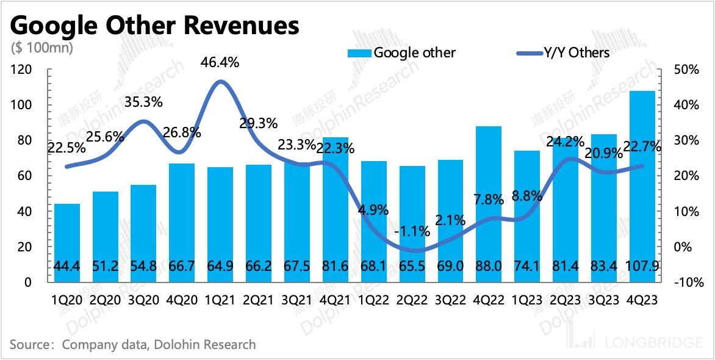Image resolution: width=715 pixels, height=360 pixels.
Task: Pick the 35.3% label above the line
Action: tap(143, 102)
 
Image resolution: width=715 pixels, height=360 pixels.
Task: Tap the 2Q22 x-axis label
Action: tap(411, 302)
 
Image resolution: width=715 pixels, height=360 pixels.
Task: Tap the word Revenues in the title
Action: tap(238, 26)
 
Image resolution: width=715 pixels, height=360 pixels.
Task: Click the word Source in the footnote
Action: tap(29, 345)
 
